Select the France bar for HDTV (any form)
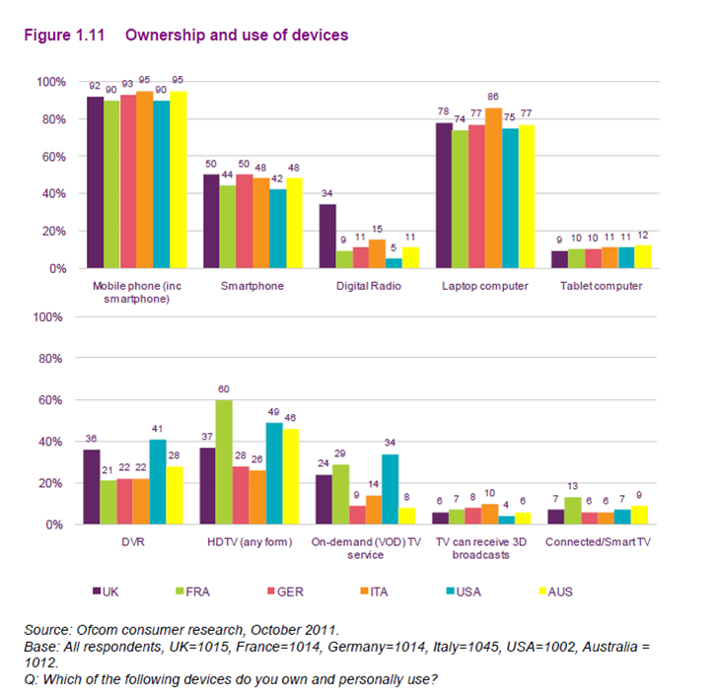[225, 462]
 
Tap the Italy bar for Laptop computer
[493, 188]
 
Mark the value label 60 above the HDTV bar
[225, 390]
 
